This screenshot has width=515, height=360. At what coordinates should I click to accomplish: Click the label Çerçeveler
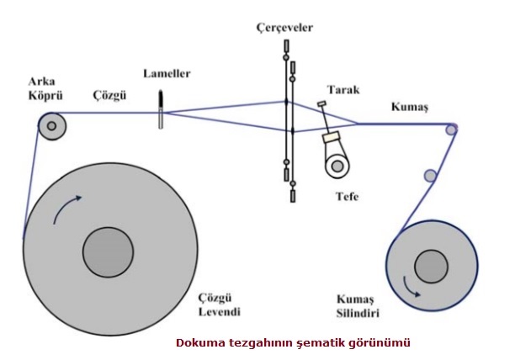tap(284, 28)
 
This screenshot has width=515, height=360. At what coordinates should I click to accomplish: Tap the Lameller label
tap(167, 73)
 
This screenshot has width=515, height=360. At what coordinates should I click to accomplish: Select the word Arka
tap(42, 82)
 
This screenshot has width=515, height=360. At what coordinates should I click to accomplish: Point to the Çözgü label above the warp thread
tap(109, 96)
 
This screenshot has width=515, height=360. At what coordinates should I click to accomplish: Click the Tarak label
tap(343, 90)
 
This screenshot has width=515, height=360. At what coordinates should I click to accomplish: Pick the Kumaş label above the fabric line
tap(410, 107)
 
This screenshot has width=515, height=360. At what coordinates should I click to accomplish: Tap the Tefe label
tap(348, 197)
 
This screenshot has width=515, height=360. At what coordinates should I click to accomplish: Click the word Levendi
tap(220, 311)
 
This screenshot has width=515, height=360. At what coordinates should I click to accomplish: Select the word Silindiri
tap(358, 313)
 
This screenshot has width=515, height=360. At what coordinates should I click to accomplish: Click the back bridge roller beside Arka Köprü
tap(52, 126)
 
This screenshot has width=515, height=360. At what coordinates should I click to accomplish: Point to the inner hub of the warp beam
tap(108, 252)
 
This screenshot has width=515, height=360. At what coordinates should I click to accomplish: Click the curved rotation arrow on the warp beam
tap(66, 208)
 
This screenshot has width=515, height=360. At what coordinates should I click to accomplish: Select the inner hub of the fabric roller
tap(431, 267)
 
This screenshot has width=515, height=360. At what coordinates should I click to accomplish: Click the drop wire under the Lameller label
tap(161, 109)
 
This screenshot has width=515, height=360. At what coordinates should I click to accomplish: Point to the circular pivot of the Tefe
tap(337, 166)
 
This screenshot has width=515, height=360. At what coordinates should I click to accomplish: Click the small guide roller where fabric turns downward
tap(451, 130)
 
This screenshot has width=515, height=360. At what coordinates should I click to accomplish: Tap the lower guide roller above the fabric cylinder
tap(430, 176)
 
